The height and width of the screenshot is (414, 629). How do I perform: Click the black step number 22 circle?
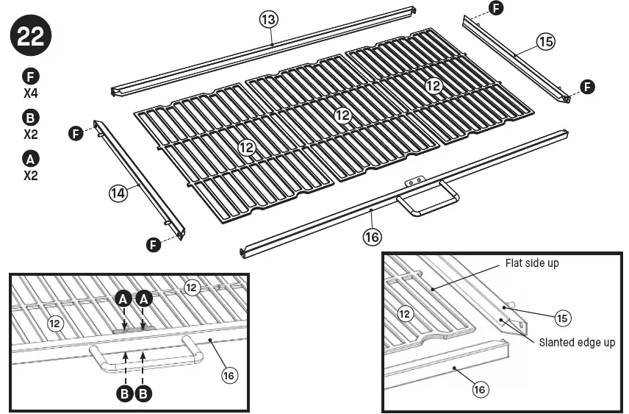(x=31, y=36)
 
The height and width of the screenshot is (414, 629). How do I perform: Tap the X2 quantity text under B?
(x=31, y=135)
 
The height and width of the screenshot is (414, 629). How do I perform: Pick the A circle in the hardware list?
(x=31, y=158)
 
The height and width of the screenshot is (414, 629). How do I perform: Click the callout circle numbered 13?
(x=269, y=20)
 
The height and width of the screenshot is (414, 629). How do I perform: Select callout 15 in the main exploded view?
(x=544, y=41)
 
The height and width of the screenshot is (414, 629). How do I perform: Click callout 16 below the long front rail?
(x=373, y=236)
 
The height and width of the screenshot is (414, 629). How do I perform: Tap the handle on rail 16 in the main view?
(x=428, y=201)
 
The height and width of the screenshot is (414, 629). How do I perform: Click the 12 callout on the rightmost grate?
(x=434, y=86)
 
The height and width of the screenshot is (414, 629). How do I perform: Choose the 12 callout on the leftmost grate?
(x=246, y=148)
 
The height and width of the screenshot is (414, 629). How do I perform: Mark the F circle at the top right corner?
(x=497, y=8)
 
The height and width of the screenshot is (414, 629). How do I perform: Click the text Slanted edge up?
(x=577, y=343)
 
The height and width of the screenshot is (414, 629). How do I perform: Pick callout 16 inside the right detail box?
(x=480, y=390)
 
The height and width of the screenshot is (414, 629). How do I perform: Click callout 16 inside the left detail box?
(x=229, y=375)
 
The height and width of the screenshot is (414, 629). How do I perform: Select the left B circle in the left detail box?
(x=126, y=393)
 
